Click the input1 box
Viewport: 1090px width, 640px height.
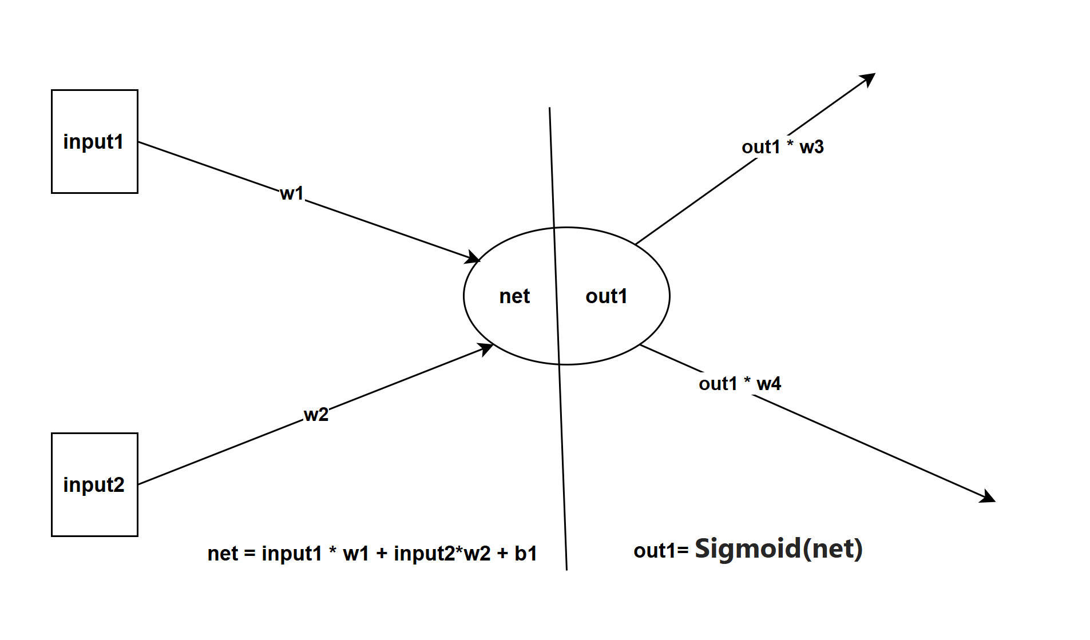(x=94, y=141)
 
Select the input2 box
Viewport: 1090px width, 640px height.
(x=94, y=484)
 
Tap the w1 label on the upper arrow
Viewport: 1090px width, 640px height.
(x=292, y=193)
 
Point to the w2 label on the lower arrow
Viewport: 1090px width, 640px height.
(x=316, y=414)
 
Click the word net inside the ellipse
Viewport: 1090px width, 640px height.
(x=514, y=296)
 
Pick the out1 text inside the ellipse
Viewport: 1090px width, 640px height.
(x=606, y=296)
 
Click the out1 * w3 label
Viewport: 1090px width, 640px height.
(x=782, y=147)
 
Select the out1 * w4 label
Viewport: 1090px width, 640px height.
(x=739, y=384)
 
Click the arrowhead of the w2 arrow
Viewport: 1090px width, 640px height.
(x=487, y=347)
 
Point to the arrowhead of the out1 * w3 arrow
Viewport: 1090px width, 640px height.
(x=869, y=78)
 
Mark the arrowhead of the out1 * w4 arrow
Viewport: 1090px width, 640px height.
(x=988, y=498)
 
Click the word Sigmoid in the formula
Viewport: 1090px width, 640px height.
(x=747, y=548)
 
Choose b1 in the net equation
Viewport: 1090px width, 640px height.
(x=526, y=554)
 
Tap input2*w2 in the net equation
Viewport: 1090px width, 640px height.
(x=442, y=554)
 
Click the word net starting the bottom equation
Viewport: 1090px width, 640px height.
(x=222, y=554)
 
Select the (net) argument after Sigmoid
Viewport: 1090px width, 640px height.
(x=833, y=549)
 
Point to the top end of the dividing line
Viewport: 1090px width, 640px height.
(x=550, y=109)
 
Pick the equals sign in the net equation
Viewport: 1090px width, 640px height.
(x=249, y=554)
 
